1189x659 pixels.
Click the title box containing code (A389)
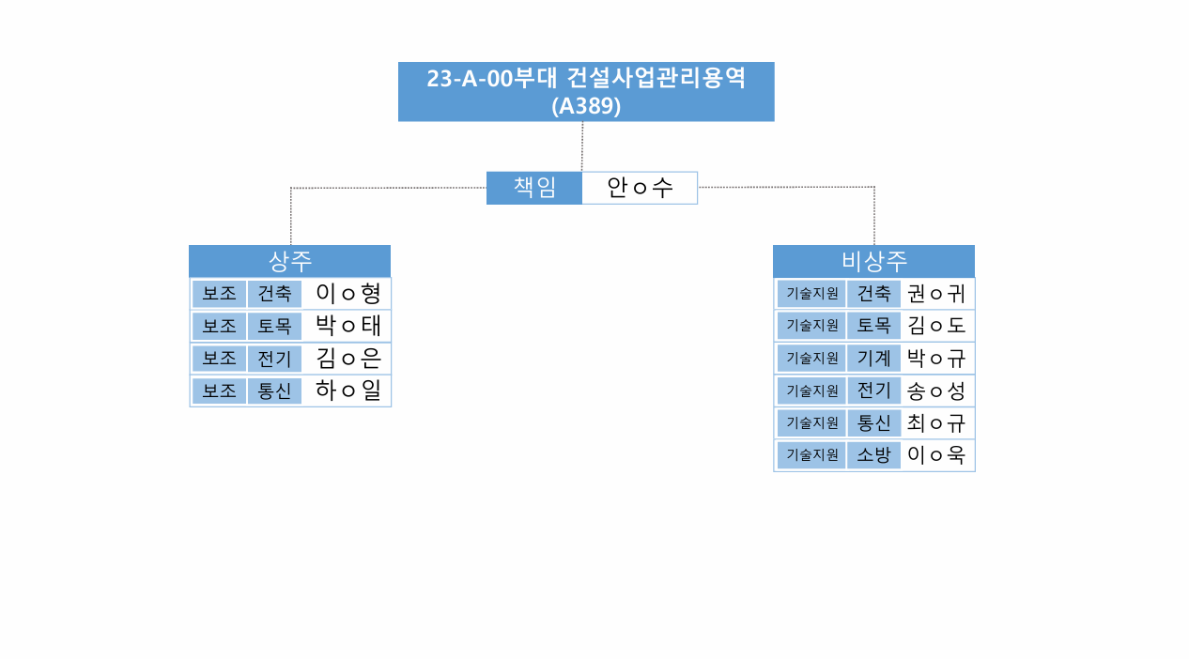coord(586,92)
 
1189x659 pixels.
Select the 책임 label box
coord(534,188)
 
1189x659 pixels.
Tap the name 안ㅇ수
coord(640,188)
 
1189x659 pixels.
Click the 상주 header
coord(290,261)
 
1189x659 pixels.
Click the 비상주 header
coord(873,261)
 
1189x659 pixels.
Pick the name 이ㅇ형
coord(348,294)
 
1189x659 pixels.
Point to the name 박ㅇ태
coord(348,326)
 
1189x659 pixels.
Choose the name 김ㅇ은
coord(348,359)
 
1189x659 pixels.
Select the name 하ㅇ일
coord(348,391)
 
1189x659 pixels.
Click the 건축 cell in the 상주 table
coord(274,294)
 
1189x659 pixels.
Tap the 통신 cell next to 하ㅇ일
coord(274,391)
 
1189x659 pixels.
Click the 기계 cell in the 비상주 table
coord(873,359)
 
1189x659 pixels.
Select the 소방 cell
coord(873,454)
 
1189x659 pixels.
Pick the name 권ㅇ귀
coord(935,294)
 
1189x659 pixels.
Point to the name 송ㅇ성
coord(935,391)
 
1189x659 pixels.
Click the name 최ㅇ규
coord(935,422)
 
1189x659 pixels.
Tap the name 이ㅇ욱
coord(935,454)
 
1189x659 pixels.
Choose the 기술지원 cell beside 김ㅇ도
coord(811,325)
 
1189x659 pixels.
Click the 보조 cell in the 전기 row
coord(219,359)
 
